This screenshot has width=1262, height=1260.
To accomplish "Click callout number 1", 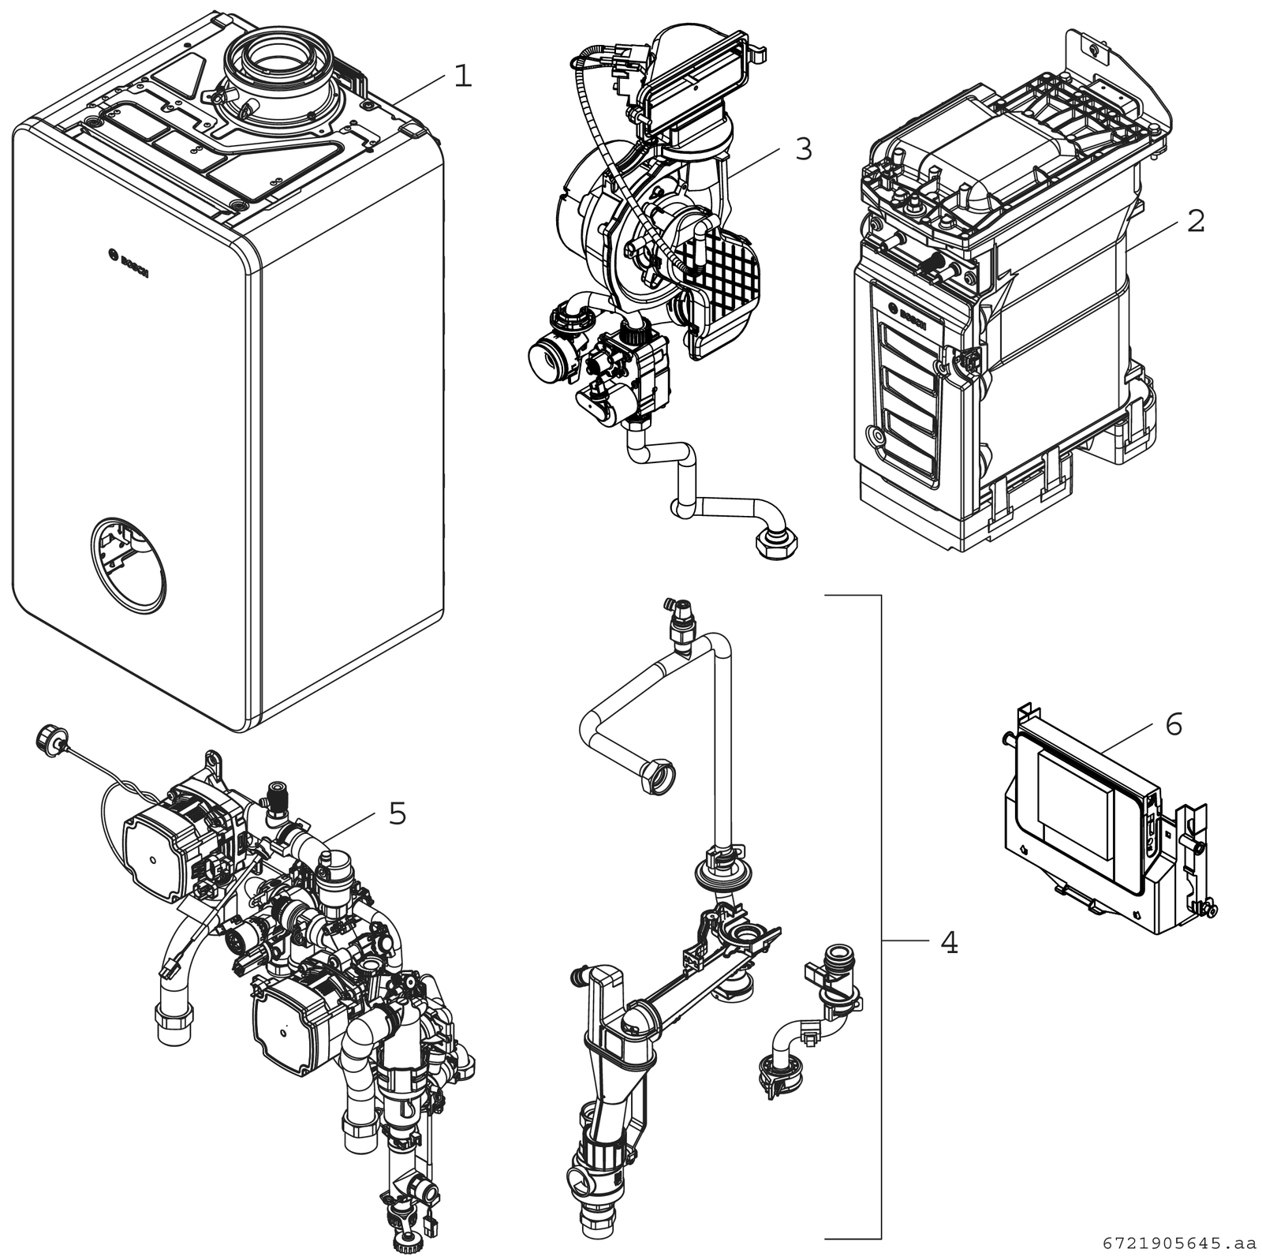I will [x=462, y=77].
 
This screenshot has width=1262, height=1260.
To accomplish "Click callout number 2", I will [x=1195, y=222].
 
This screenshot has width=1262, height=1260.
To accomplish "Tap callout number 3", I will [x=803, y=148].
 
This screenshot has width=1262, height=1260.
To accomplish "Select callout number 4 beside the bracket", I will [x=949, y=941].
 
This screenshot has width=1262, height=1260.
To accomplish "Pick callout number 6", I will [x=1174, y=724].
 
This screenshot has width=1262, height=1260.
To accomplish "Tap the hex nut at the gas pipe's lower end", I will [x=776, y=545].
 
